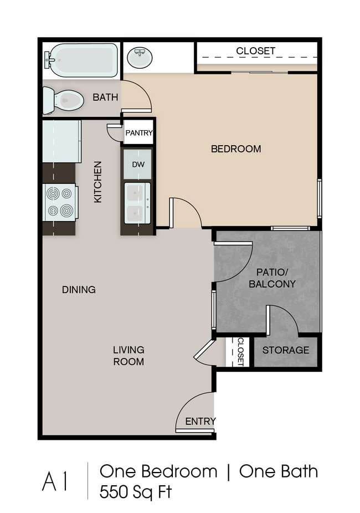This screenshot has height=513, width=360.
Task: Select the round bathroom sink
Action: (139, 58)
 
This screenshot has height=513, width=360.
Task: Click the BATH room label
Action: (105, 97)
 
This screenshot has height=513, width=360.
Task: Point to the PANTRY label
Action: (139, 133)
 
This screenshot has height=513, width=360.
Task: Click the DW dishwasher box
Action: (138, 164)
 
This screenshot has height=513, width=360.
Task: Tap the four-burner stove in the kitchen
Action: (60, 202)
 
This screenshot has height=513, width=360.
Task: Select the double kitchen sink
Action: (137, 203)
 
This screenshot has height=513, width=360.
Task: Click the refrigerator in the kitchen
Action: (62, 141)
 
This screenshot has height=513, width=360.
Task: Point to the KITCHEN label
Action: (98, 182)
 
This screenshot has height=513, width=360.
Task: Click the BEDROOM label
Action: (236, 149)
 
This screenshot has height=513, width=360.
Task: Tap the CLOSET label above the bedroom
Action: (256, 51)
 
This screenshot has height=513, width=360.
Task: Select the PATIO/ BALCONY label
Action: (272, 278)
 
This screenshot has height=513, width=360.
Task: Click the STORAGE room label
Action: (286, 350)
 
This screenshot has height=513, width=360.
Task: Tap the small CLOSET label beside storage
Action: (240, 352)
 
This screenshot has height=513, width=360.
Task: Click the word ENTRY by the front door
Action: (200, 422)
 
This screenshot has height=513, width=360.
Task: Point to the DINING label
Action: (79, 290)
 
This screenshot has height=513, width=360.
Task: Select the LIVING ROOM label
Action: (128, 356)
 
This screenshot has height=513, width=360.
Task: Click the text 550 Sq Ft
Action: (135, 492)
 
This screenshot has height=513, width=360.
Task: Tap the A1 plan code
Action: (55, 481)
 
